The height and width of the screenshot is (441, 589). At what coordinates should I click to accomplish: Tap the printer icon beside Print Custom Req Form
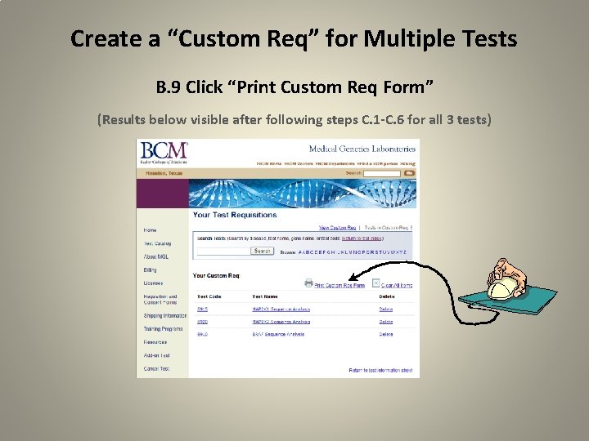[308, 283]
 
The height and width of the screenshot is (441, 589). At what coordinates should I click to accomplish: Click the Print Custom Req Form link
[339, 286]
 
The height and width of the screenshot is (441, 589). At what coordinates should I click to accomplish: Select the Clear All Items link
[396, 286]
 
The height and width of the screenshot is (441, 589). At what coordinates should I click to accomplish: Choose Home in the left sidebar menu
[150, 230]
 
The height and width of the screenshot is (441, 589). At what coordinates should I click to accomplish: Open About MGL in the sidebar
[155, 256]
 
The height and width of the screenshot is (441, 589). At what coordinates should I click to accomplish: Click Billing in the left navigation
[151, 269]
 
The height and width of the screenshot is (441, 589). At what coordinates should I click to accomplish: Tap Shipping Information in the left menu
[164, 315]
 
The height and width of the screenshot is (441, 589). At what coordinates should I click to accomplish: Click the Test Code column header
[209, 296]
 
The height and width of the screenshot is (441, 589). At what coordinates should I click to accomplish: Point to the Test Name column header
[264, 296]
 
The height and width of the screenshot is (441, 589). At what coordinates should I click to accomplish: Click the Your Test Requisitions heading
[235, 215]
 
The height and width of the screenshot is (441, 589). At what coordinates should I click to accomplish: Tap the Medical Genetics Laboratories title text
[362, 149]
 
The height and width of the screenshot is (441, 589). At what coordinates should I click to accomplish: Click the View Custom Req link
[337, 227]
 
